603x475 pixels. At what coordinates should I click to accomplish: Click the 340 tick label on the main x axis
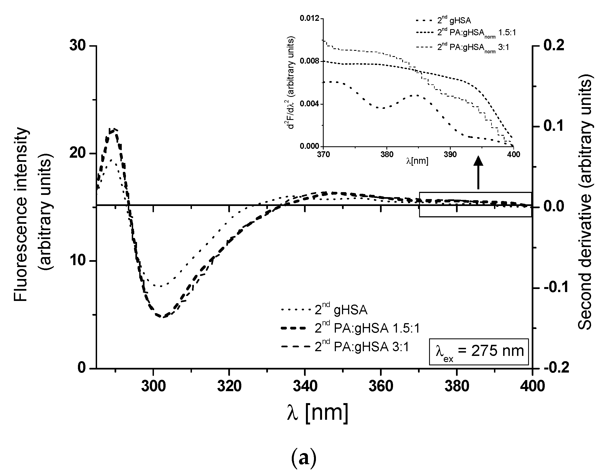(x=305, y=386)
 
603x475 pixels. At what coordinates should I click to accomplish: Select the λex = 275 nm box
(x=478, y=351)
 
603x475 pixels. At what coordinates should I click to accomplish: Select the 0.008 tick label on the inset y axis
(x=310, y=61)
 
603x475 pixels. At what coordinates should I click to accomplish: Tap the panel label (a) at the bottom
(x=303, y=458)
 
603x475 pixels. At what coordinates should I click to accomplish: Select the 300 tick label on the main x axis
(x=153, y=386)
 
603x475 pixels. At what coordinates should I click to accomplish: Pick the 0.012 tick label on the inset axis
(x=310, y=19)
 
